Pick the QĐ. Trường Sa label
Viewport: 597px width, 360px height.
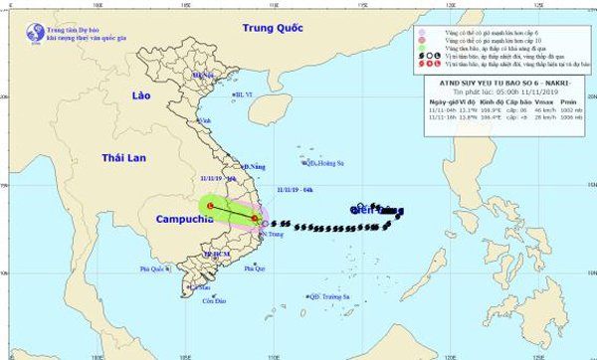[x=334, y=296]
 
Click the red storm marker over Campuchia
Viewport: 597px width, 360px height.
[x=210, y=207]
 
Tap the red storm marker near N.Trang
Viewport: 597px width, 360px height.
[x=256, y=219]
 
